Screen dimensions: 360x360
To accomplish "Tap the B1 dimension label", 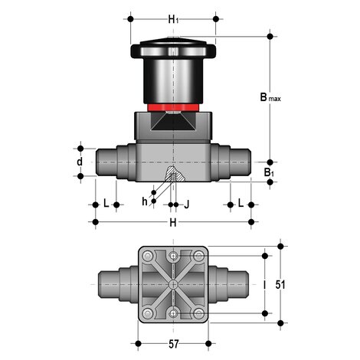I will (269, 173).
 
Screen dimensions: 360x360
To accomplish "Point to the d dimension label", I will (78, 162).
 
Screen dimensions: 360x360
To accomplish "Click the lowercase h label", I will (144, 201).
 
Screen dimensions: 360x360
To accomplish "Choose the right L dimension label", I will (241, 204).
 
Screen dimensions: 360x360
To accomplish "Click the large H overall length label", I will (173, 222).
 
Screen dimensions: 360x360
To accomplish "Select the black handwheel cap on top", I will (174, 50).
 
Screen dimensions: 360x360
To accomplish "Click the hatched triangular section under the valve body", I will (174, 177).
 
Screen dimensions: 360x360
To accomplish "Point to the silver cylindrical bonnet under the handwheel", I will (174, 80).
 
